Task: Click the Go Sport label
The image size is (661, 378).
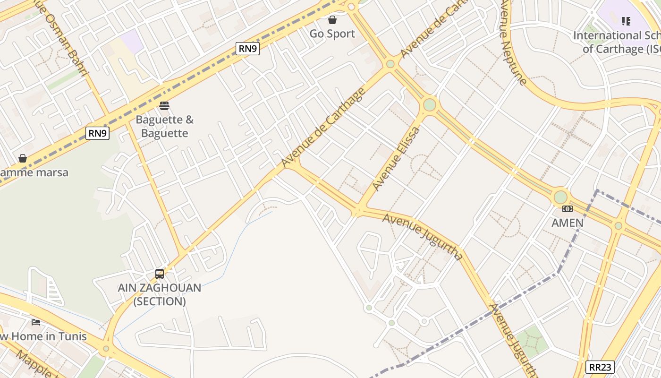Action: (332, 34)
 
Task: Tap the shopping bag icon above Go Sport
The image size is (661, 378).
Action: (332, 20)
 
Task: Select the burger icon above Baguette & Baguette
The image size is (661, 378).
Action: (164, 105)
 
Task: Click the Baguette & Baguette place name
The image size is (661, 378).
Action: (164, 127)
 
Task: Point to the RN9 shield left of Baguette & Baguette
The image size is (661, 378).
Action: (98, 133)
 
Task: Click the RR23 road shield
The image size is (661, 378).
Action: (601, 367)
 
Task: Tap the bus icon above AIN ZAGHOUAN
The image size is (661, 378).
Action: (160, 274)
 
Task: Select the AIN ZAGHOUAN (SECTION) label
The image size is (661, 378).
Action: (160, 294)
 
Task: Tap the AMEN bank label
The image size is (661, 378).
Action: (568, 223)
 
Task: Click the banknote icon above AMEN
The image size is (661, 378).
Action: (568, 209)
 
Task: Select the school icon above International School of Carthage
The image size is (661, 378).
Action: (626, 21)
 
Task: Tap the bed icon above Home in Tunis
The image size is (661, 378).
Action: (36, 322)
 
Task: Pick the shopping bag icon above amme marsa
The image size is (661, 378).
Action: (23, 158)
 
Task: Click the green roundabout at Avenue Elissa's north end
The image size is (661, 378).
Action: (429, 104)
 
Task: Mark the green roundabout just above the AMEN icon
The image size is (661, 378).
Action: (560, 197)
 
